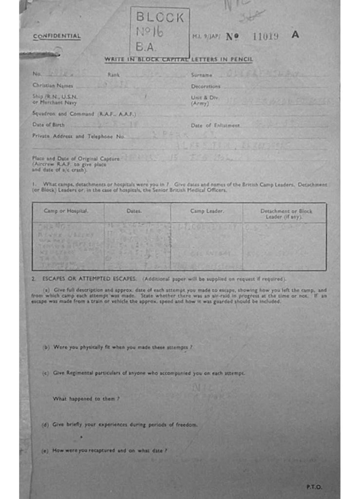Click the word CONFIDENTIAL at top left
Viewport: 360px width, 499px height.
[57, 36]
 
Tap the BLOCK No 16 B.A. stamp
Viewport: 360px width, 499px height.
[160, 33]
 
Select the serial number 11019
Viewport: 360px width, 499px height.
[265, 36]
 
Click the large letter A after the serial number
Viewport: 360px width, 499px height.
[295, 35]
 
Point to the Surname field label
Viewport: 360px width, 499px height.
[202, 75]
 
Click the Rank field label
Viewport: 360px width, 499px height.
[114, 75]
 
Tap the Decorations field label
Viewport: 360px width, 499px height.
[206, 86]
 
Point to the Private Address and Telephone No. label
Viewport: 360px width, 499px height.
[78, 136]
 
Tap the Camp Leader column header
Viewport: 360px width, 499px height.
[207, 211]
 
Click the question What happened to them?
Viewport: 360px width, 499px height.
[86, 399]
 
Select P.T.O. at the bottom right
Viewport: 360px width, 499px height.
[314, 486]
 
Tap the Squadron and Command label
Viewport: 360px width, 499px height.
[84, 114]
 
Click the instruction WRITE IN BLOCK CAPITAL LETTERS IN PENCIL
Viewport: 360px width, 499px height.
[178, 59]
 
